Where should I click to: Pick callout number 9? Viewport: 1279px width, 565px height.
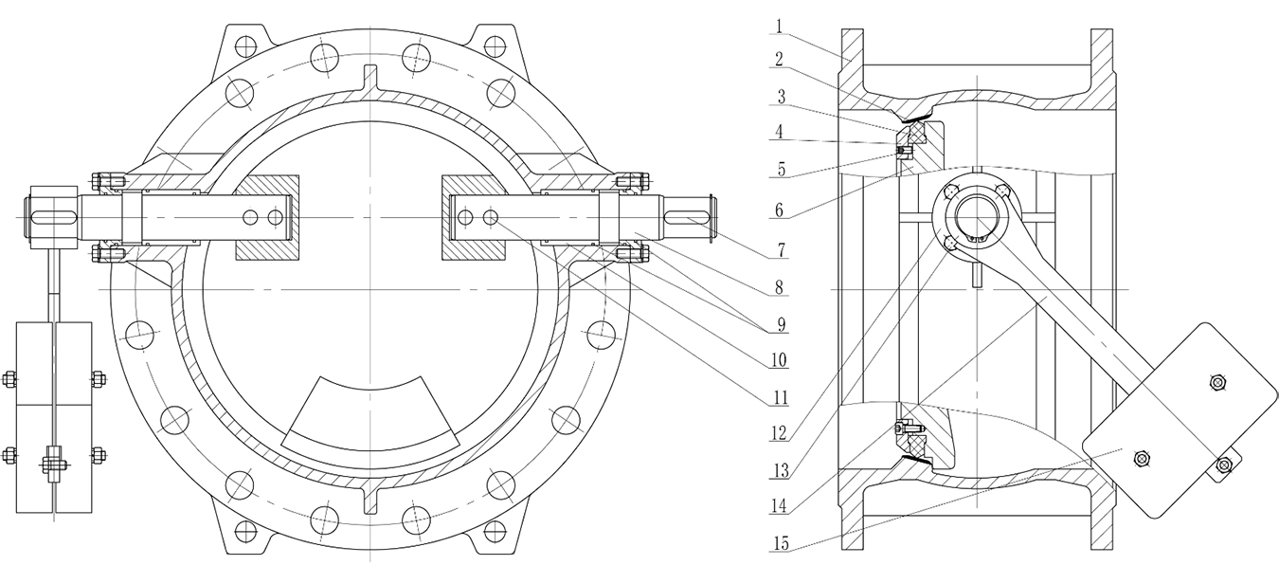click(x=781, y=324)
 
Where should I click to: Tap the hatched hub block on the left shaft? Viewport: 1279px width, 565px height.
click(x=268, y=218)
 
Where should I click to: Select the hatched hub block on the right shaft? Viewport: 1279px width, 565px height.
click(x=473, y=218)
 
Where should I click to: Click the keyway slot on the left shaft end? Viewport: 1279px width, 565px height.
click(x=56, y=217)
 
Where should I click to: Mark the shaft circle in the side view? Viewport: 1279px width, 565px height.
click(x=975, y=216)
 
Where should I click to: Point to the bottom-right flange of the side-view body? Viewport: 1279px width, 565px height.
click(x=1102, y=518)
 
